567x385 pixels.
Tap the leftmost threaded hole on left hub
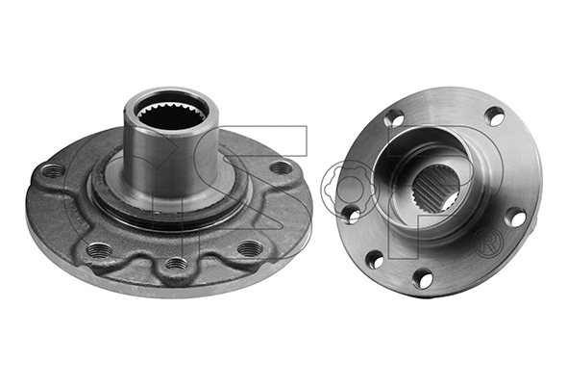(x=55, y=171)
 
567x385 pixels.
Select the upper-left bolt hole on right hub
(x=394, y=119)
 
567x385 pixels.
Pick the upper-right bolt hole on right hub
(x=494, y=116)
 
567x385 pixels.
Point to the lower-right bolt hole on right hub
(x=516, y=218)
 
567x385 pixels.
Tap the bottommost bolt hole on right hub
(x=422, y=279)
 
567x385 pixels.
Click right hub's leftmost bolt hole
(x=352, y=213)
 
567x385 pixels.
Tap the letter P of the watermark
(x=452, y=173)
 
